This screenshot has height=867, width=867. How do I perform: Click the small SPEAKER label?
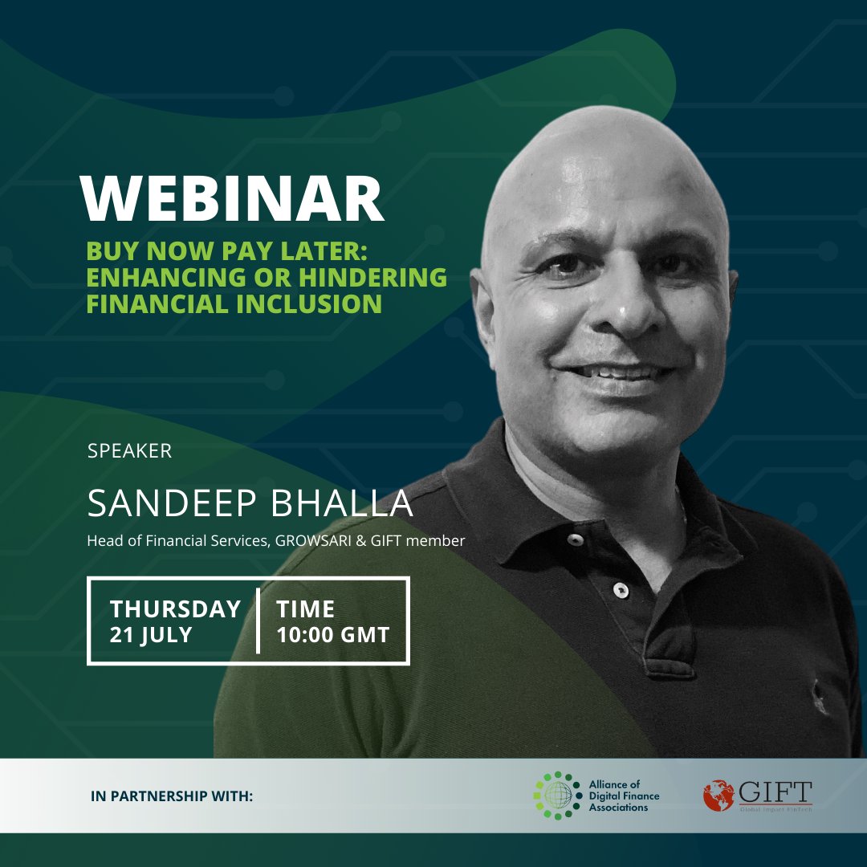point(129,451)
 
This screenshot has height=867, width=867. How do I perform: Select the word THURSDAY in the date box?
point(176,609)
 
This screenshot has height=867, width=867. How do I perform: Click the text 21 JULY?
point(152,635)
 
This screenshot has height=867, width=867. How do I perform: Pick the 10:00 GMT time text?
point(333,635)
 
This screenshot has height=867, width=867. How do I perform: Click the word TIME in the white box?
point(306,609)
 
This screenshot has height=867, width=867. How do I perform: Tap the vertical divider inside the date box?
point(258,621)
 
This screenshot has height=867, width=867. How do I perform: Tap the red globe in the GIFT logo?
point(718,795)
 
